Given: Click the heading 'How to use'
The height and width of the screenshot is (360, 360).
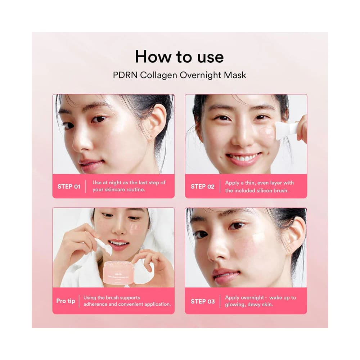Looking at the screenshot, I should pyautogui.click(x=179, y=57).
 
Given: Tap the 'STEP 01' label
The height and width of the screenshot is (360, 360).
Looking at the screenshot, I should pyautogui.click(x=69, y=186).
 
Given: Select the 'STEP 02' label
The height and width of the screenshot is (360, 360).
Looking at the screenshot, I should pyautogui.click(x=202, y=186).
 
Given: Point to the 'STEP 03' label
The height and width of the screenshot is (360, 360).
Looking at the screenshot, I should pyautogui.click(x=202, y=301).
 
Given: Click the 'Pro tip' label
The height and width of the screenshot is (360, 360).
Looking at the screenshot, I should pyautogui.click(x=66, y=301).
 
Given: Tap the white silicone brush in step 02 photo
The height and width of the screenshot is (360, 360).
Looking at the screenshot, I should pyautogui.click(x=286, y=130).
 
